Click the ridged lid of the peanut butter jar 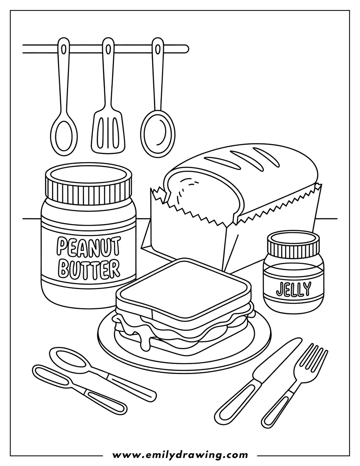pyautogui.click(x=88, y=184)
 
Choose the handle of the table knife pyautogui.click(x=234, y=404)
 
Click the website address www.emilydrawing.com pyautogui.click(x=180, y=455)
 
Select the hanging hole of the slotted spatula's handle pyautogui.click(x=107, y=48)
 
